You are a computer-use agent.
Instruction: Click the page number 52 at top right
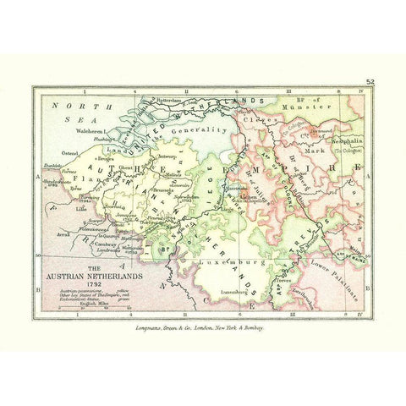tap(370, 81)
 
